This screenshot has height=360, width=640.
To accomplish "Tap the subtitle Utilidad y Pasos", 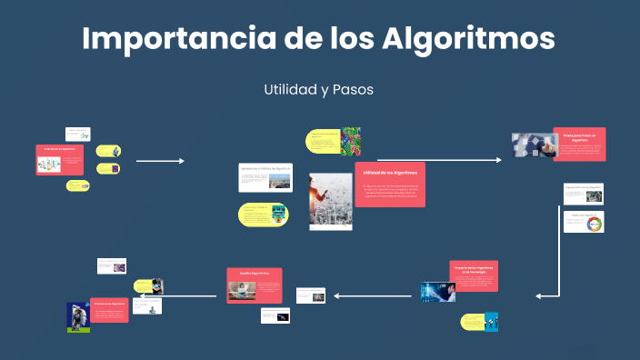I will [319, 90].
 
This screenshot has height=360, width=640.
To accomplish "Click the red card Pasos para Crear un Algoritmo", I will [579, 144].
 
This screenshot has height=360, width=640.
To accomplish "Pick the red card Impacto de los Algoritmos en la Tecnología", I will [474, 275].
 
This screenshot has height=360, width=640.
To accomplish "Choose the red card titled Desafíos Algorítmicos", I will [254, 284].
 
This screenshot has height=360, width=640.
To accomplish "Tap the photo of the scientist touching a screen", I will [437, 291].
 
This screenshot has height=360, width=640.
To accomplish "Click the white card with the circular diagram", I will [584, 221].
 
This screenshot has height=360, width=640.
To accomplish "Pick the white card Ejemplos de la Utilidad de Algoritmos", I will [265, 177].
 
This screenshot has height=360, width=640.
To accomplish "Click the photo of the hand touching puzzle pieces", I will [533, 146].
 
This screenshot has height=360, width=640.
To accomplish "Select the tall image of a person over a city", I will [330, 199].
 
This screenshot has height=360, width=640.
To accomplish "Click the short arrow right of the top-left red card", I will [160, 161].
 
